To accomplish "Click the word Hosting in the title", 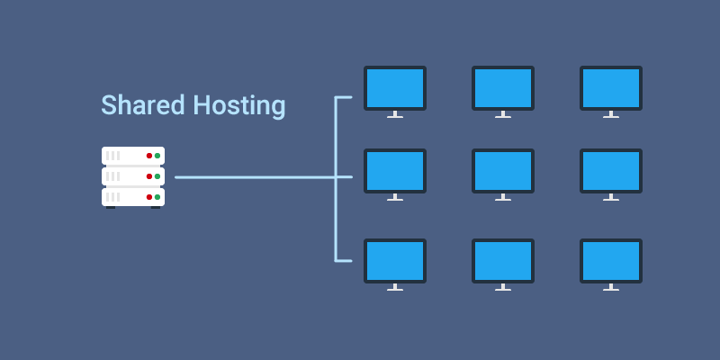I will pos(239,106).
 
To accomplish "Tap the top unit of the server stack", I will pos(132,156).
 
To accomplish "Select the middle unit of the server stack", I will pos(132,176).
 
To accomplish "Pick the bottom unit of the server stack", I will pos(132,196).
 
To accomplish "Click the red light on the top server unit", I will pos(149,156).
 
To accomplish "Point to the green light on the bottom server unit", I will pos(157,196).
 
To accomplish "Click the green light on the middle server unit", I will pos(157,176).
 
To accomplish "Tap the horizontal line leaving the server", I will pos(252,177).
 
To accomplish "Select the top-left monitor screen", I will pos(394,88).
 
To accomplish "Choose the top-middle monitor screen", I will pos(502,88).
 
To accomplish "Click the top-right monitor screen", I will pos(610,88).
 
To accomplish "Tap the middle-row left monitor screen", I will pos(394,171).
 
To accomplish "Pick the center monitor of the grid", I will pos(502,171).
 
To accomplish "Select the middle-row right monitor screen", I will pos(610,171).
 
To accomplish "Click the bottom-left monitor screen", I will pos(394,261).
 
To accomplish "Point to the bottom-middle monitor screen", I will pos(502,261).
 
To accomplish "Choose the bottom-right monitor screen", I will pos(610,261).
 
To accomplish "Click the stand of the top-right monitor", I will pos(610,114).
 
